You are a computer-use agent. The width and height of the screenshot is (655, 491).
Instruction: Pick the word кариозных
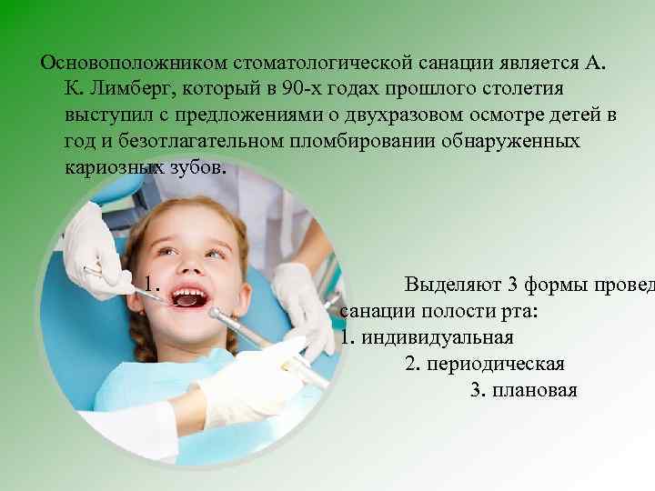[114, 169]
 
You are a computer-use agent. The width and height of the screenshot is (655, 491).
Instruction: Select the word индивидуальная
[438, 337]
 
